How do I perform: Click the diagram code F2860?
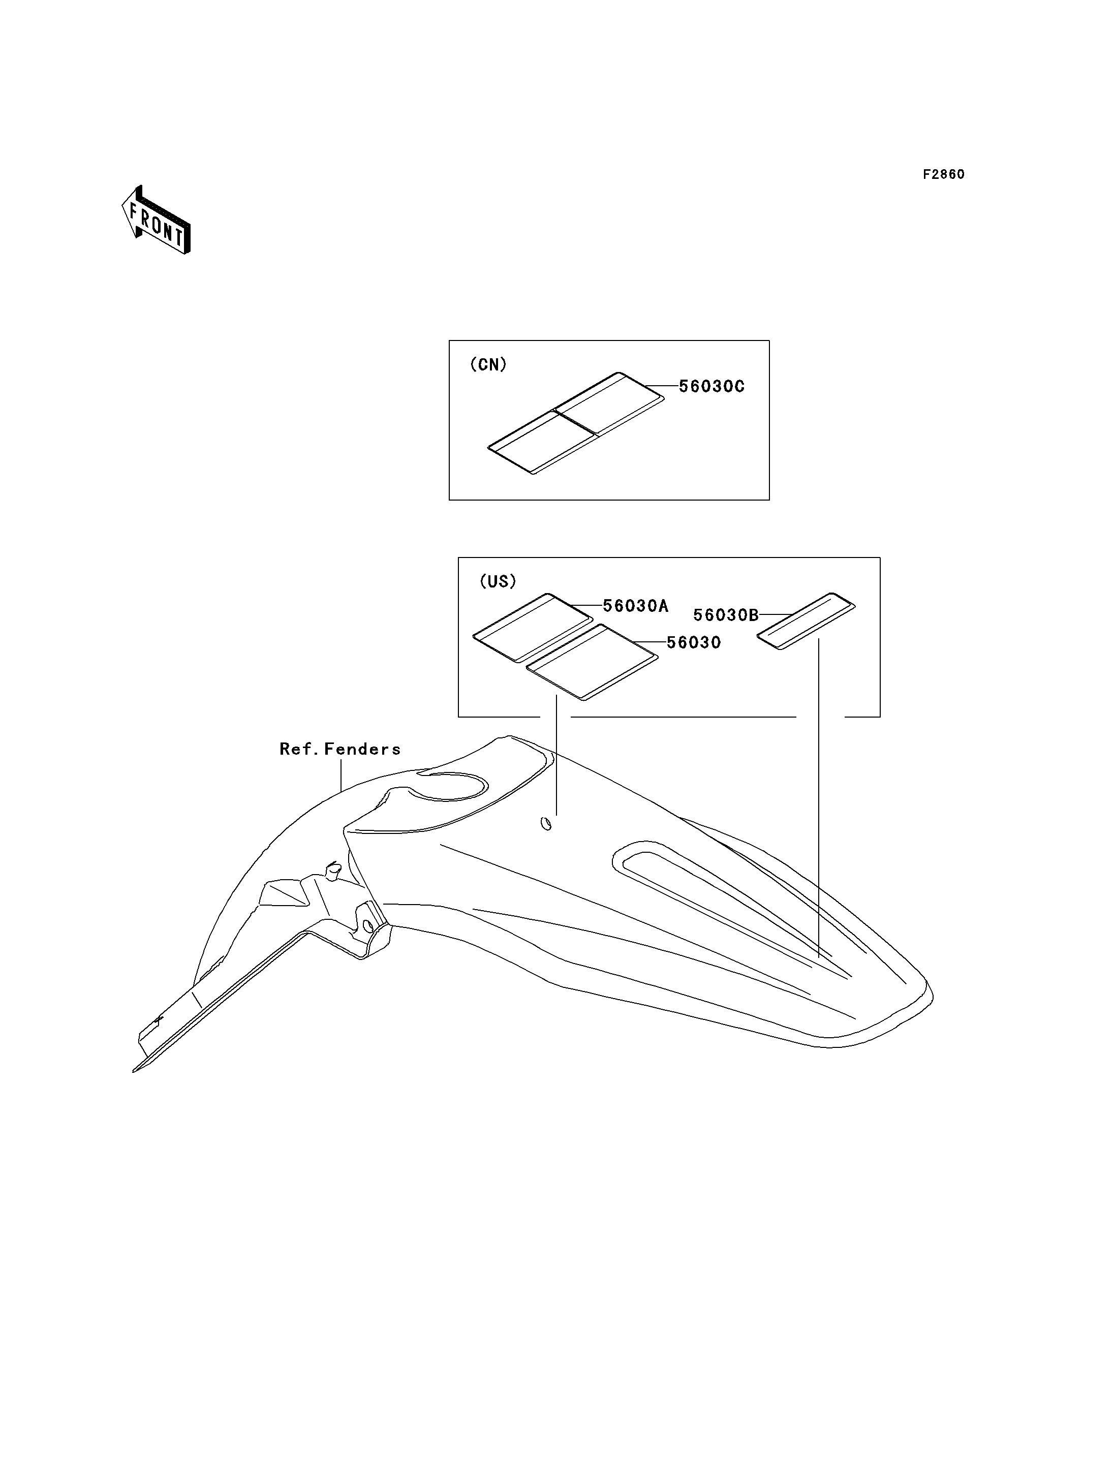click(944, 174)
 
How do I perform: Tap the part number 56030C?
click(711, 387)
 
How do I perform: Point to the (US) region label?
click(498, 581)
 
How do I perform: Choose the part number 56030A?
click(635, 605)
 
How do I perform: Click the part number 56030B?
click(725, 615)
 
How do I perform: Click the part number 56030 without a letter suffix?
click(694, 643)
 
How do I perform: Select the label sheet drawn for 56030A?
click(533, 627)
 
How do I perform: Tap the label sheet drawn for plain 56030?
click(592, 662)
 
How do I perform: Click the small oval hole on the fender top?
click(546, 824)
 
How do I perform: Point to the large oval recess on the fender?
click(448, 787)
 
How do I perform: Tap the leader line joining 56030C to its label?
click(661, 386)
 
